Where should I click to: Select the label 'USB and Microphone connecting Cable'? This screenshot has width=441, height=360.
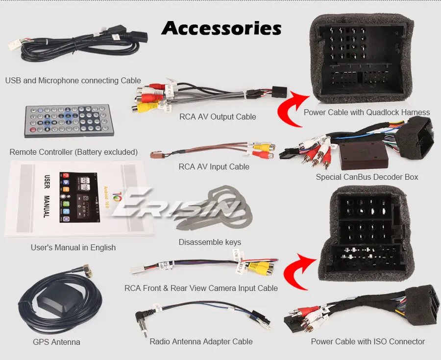tap(73, 80)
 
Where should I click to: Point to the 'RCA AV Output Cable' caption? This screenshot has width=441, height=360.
tap(218, 117)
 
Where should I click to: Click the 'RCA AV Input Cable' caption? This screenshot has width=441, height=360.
tap(214, 167)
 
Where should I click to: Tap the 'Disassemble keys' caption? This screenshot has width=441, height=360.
tap(210, 242)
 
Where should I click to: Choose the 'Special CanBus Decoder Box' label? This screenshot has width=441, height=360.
tap(367, 177)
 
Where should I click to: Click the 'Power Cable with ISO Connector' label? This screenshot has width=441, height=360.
tap(367, 341)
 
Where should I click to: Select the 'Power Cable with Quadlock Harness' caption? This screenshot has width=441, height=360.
tap(367, 112)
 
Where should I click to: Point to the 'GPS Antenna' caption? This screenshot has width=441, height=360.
tap(56, 342)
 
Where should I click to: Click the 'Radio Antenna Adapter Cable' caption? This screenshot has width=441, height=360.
tap(201, 341)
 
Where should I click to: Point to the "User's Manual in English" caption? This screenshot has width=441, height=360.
tap(73, 247)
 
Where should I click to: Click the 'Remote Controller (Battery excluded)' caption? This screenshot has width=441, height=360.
tap(73, 152)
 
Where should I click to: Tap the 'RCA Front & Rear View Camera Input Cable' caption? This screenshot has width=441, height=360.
tap(201, 288)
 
